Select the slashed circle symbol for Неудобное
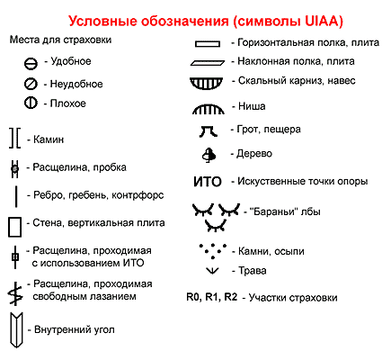(x=31, y=84)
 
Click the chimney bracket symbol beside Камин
(x=11, y=138)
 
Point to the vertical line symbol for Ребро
(x=16, y=196)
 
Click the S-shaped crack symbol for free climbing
(x=15, y=293)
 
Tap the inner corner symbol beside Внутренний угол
(x=11, y=330)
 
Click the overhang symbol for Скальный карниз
(x=207, y=83)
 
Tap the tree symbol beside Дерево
(x=209, y=156)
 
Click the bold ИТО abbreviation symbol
(x=208, y=182)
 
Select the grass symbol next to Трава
(x=212, y=271)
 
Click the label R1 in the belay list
(x=212, y=297)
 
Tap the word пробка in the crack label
(x=110, y=167)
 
